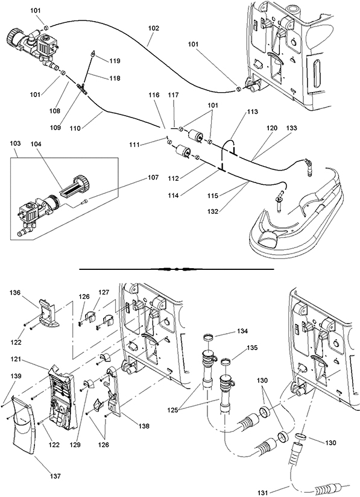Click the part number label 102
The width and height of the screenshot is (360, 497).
pos(154,28)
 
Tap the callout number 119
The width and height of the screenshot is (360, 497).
pos(115,61)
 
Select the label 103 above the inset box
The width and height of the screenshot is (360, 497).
pos(15,143)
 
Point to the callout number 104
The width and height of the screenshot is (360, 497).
pos(36,144)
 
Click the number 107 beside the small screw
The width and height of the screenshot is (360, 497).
pos(153,178)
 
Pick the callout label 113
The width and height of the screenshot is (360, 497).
pos(253,111)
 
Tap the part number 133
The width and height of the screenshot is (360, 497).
pos(291,128)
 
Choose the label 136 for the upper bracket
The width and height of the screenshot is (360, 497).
pos(15,293)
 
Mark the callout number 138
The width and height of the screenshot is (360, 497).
pos(144,427)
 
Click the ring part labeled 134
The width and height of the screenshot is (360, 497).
pos(207,337)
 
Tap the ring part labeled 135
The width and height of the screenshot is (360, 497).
pos(226,361)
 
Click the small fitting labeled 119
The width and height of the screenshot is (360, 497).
pos(92,53)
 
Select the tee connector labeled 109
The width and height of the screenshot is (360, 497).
pos(82,87)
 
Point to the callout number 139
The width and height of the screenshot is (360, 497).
pos(16,377)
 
